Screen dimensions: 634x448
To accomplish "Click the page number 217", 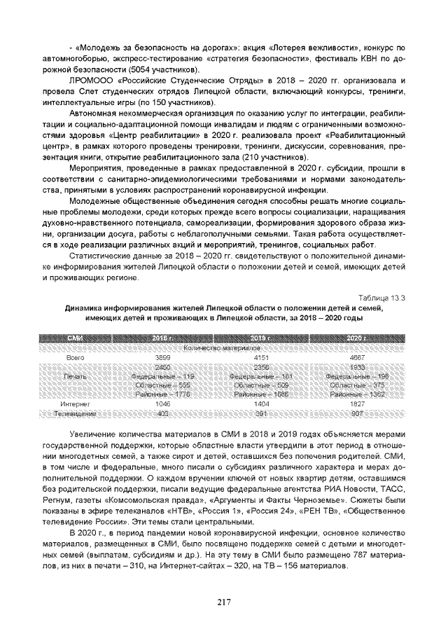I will point(224,601).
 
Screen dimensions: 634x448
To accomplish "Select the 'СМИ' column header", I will point(74,338).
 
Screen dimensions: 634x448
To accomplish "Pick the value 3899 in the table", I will point(162,357).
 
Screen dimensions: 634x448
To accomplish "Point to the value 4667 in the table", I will point(357,357).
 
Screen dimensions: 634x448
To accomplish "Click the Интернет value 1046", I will point(162,404).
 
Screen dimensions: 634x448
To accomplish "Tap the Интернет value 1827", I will point(357,404).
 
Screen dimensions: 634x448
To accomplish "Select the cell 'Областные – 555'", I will point(162,385).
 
